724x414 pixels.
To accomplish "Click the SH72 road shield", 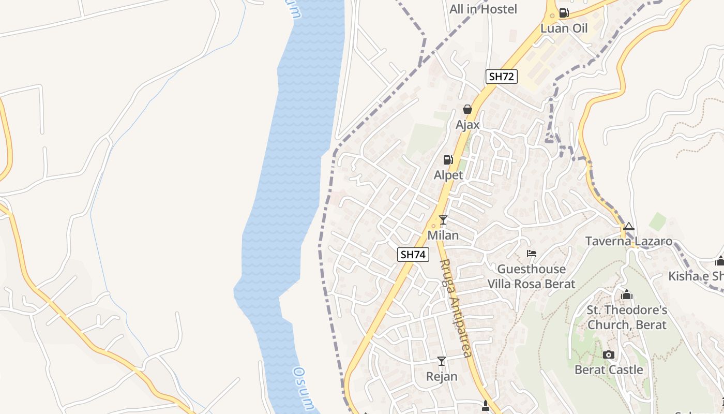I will (x=502, y=77).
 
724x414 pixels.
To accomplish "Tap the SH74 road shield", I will (x=414, y=254).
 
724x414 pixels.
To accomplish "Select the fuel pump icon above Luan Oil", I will (x=564, y=13).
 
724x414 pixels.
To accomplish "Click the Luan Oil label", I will (x=564, y=28).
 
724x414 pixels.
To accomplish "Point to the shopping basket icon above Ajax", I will (x=467, y=109).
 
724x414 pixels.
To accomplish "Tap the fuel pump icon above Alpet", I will (x=448, y=159).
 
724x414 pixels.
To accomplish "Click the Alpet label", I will (x=448, y=175).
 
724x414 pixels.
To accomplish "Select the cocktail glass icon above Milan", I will (x=443, y=220).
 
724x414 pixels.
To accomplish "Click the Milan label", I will (x=443, y=235).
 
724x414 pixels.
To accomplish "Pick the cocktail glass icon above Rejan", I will (x=442, y=361).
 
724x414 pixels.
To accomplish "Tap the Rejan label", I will (x=442, y=376).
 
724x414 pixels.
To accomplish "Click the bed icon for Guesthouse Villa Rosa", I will (x=532, y=254).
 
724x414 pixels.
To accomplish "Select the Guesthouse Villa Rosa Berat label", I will (x=532, y=276).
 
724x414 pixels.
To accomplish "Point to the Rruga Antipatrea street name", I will (x=456, y=308).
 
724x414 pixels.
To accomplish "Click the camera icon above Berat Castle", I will (x=609, y=354).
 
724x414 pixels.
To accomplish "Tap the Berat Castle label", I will (x=609, y=370).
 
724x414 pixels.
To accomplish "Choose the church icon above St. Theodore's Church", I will (x=627, y=295).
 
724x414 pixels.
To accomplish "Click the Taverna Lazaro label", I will (x=628, y=241).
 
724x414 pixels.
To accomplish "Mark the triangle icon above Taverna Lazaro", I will (x=628, y=226).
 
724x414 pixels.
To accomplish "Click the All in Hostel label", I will (x=483, y=9).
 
